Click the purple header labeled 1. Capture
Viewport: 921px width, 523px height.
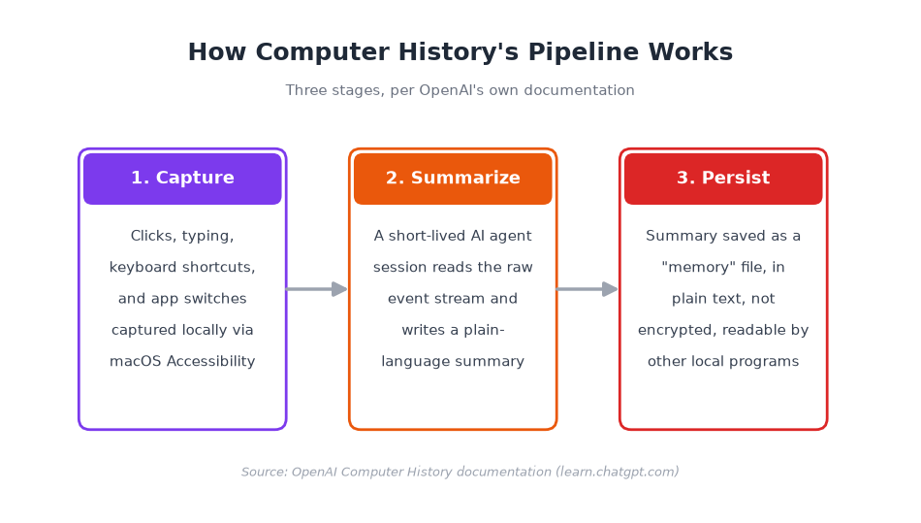tap(182, 179)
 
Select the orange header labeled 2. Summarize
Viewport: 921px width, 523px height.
tap(453, 179)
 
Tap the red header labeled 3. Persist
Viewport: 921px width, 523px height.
tap(723, 179)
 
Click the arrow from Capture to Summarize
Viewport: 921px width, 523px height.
tap(317, 289)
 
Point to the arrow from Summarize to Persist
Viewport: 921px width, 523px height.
tap(587, 289)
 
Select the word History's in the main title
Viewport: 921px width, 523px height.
tap(459, 52)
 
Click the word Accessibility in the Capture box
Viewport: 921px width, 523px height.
tap(211, 361)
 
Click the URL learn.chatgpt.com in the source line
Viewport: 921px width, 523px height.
tap(618, 472)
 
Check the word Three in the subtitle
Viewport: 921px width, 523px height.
tap(302, 90)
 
